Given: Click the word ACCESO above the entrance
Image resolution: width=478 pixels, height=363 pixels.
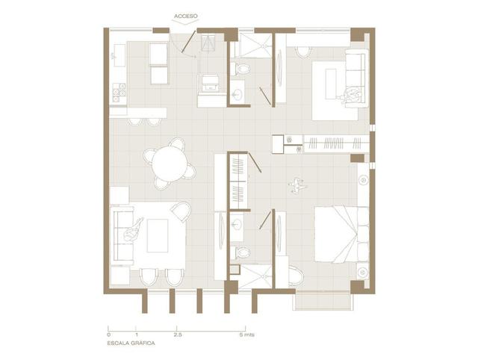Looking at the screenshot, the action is pos(186,16).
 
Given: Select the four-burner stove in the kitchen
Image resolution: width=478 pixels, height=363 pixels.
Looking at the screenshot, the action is pos(119,93).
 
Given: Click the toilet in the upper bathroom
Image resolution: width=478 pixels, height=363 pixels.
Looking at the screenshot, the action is pos(240,69).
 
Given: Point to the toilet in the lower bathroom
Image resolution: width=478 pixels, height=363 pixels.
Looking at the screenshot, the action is pos(240,252).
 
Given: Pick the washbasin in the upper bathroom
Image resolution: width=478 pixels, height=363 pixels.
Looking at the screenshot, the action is pos(237,93).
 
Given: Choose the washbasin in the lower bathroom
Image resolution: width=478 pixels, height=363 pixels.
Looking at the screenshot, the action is pos(237,225).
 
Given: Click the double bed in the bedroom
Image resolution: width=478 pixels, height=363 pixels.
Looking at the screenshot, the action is pos(341,234).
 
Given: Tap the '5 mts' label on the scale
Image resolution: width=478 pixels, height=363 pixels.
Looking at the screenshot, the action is pos(246,335).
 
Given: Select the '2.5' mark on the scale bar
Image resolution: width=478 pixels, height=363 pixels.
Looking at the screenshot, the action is pos(178,335).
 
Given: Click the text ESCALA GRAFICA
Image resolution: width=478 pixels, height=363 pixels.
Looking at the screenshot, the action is pos(131,343).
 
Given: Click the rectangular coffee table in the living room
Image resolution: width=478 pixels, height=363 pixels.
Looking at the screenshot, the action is pos(158,235).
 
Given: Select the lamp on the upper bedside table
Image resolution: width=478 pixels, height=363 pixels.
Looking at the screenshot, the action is pos(363,181).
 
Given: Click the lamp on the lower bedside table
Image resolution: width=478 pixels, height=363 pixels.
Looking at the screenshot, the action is pos(362,271).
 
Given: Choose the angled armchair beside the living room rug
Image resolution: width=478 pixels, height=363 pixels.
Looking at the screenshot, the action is pos(181,211).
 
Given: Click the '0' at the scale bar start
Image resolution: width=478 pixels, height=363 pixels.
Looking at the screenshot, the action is pos(109,335).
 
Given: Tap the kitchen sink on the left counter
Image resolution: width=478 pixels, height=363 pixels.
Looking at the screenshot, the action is pos(119,55).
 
